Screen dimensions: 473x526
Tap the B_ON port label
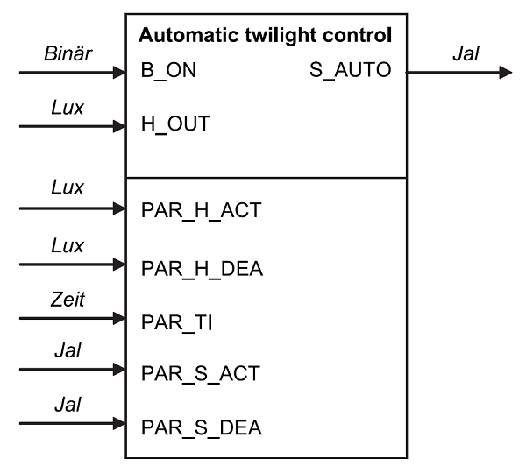pyautogui.click(x=168, y=71)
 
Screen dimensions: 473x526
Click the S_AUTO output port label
pyautogui.click(x=350, y=71)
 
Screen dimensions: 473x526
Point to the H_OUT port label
pyautogui.click(x=175, y=124)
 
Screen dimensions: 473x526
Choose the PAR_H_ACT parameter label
pyautogui.click(x=201, y=211)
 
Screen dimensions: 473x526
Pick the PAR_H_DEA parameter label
pyautogui.click(x=201, y=269)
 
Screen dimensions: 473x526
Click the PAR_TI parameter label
pyautogui.click(x=177, y=322)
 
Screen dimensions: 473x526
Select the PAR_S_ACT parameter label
pyautogui.click(x=200, y=374)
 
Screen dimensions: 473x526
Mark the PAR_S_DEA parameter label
pyautogui.click(x=201, y=428)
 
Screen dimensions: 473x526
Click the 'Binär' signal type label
pyautogui.click(x=68, y=54)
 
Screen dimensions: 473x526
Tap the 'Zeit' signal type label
pyautogui.click(x=68, y=300)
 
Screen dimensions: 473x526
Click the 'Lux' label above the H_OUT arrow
pyautogui.click(x=68, y=108)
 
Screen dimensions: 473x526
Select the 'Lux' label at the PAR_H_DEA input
pyautogui.click(x=68, y=246)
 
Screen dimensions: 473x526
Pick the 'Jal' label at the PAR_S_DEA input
pyautogui.click(x=68, y=406)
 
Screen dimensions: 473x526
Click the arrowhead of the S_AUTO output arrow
pyautogui.click(x=504, y=73)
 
